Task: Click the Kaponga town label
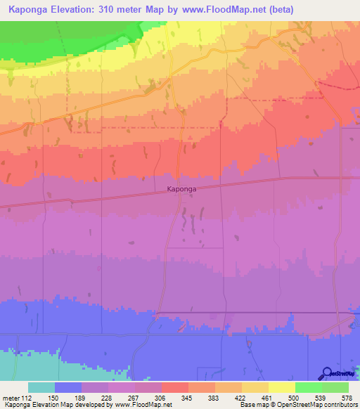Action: pyautogui.click(x=181, y=189)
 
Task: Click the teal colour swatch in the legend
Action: pyautogui.click(x=41, y=387)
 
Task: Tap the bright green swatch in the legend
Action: pyautogui.click(x=308, y=387)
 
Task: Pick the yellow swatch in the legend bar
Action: pyautogui.click(x=281, y=387)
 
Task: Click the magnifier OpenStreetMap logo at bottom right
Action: pyautogui.click(x=326, y=373)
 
